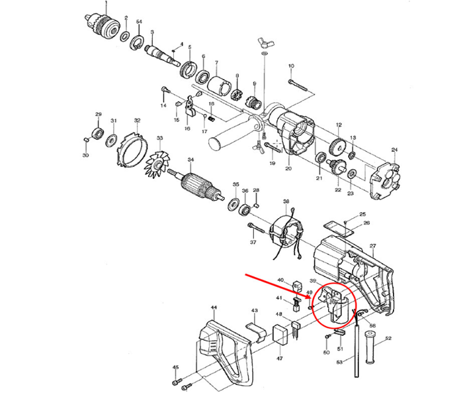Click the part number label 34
click(190, 160)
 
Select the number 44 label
click(214, 308)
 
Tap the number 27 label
click(372, 247)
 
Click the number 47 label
click(279, 359)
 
